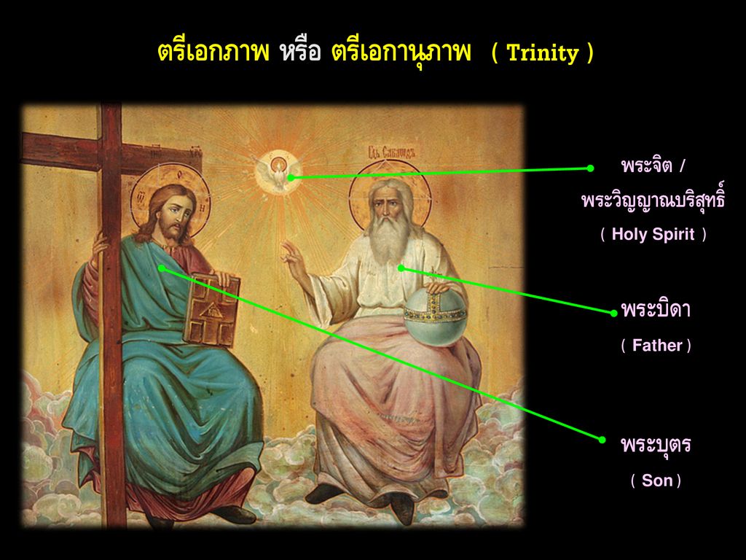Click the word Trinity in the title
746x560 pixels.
tap(543, 53)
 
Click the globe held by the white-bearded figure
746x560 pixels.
tap(435, 316)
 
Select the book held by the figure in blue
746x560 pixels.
tap(212, 309)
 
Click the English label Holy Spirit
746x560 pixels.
tap(653, 234)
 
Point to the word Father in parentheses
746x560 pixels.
tap(657, 345)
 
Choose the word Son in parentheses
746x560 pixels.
tap(656, 481)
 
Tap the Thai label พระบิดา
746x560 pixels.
tap(656, 310)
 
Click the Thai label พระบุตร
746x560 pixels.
tap(656, 445)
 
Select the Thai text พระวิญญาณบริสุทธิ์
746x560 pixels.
tap(653, 199)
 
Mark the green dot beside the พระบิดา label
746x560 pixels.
tap(613, 313)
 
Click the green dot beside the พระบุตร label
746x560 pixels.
tap(602, 440)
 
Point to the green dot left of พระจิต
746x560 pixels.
tap(590, 168)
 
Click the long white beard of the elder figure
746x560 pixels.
tap(390, 239)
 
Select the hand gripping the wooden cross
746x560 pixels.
tap(100, 244)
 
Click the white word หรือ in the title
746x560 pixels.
tap(301, 52)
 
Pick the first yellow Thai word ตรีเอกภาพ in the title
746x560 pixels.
tap(213, 52)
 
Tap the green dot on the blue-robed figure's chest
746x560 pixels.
tap(162, 268)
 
